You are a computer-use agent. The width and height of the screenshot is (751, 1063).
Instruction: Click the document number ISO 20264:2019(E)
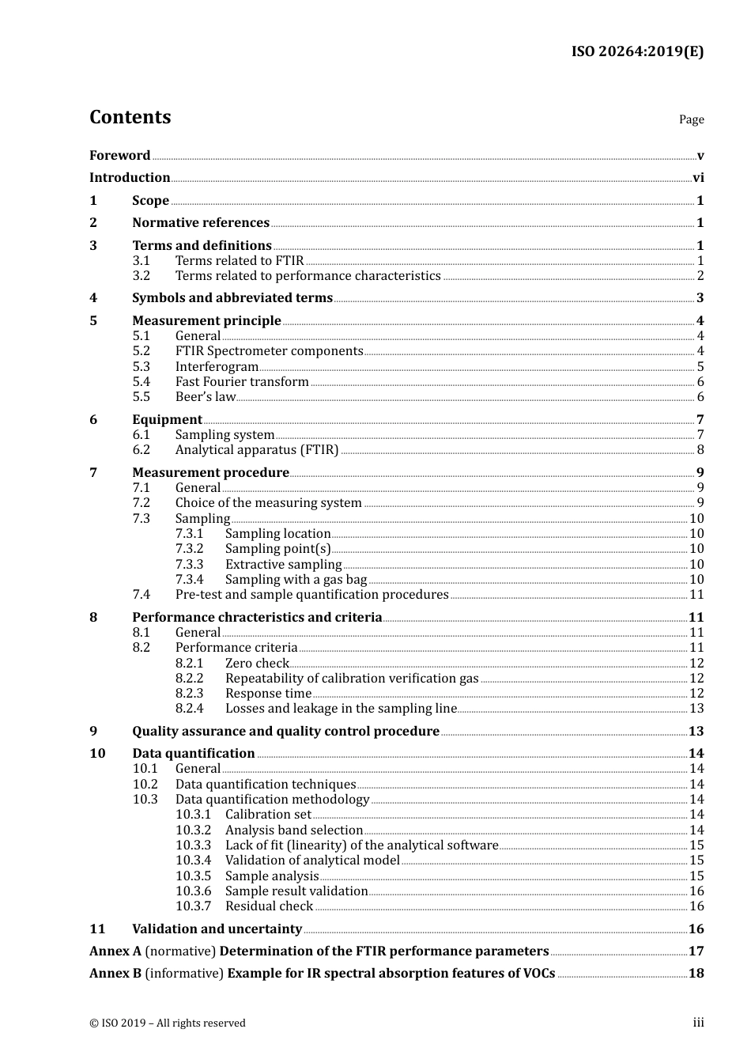[637, 51]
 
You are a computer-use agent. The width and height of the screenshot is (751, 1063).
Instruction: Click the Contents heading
[130, 117]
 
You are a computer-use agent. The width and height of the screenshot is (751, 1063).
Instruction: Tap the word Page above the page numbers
[691, 119]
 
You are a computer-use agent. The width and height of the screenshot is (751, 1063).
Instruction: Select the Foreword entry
[119, 156]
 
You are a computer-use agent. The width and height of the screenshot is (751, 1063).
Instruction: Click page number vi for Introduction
[698, 178]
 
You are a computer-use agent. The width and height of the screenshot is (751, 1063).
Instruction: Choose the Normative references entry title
[201, 223]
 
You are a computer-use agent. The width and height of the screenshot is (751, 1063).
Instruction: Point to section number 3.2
[142, 276]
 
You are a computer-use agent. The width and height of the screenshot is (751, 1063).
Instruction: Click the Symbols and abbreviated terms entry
[232, 298]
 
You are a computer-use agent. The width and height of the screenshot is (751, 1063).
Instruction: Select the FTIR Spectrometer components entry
[269, 351]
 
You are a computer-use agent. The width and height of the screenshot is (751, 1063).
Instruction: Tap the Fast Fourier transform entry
[242, 382]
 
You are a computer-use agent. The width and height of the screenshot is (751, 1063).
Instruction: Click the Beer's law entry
[206, 397]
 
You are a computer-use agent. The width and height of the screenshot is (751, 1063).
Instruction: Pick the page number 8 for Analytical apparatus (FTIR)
[700, 450]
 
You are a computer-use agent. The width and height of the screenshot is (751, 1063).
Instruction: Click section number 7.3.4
[190, 580]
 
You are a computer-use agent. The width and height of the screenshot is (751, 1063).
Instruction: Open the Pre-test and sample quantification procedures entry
[311, 595]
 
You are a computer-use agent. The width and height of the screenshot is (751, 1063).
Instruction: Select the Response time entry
[268, 694]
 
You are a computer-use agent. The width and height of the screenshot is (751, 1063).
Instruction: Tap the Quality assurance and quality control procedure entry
[285, 732]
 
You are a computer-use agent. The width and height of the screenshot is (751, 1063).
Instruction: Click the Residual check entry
[269, 906]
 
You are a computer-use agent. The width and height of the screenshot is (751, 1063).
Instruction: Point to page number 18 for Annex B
[696, 974]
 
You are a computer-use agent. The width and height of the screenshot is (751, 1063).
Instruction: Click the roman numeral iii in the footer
[698, 1023]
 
